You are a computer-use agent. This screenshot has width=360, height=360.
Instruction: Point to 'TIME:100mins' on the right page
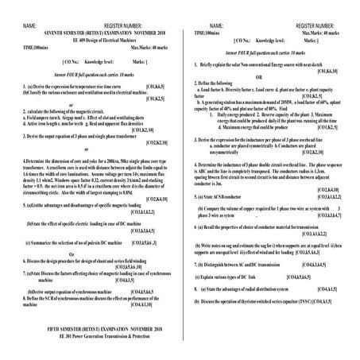(207, 33)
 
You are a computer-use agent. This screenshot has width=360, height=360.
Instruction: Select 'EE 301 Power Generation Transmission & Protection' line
(93, 335)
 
